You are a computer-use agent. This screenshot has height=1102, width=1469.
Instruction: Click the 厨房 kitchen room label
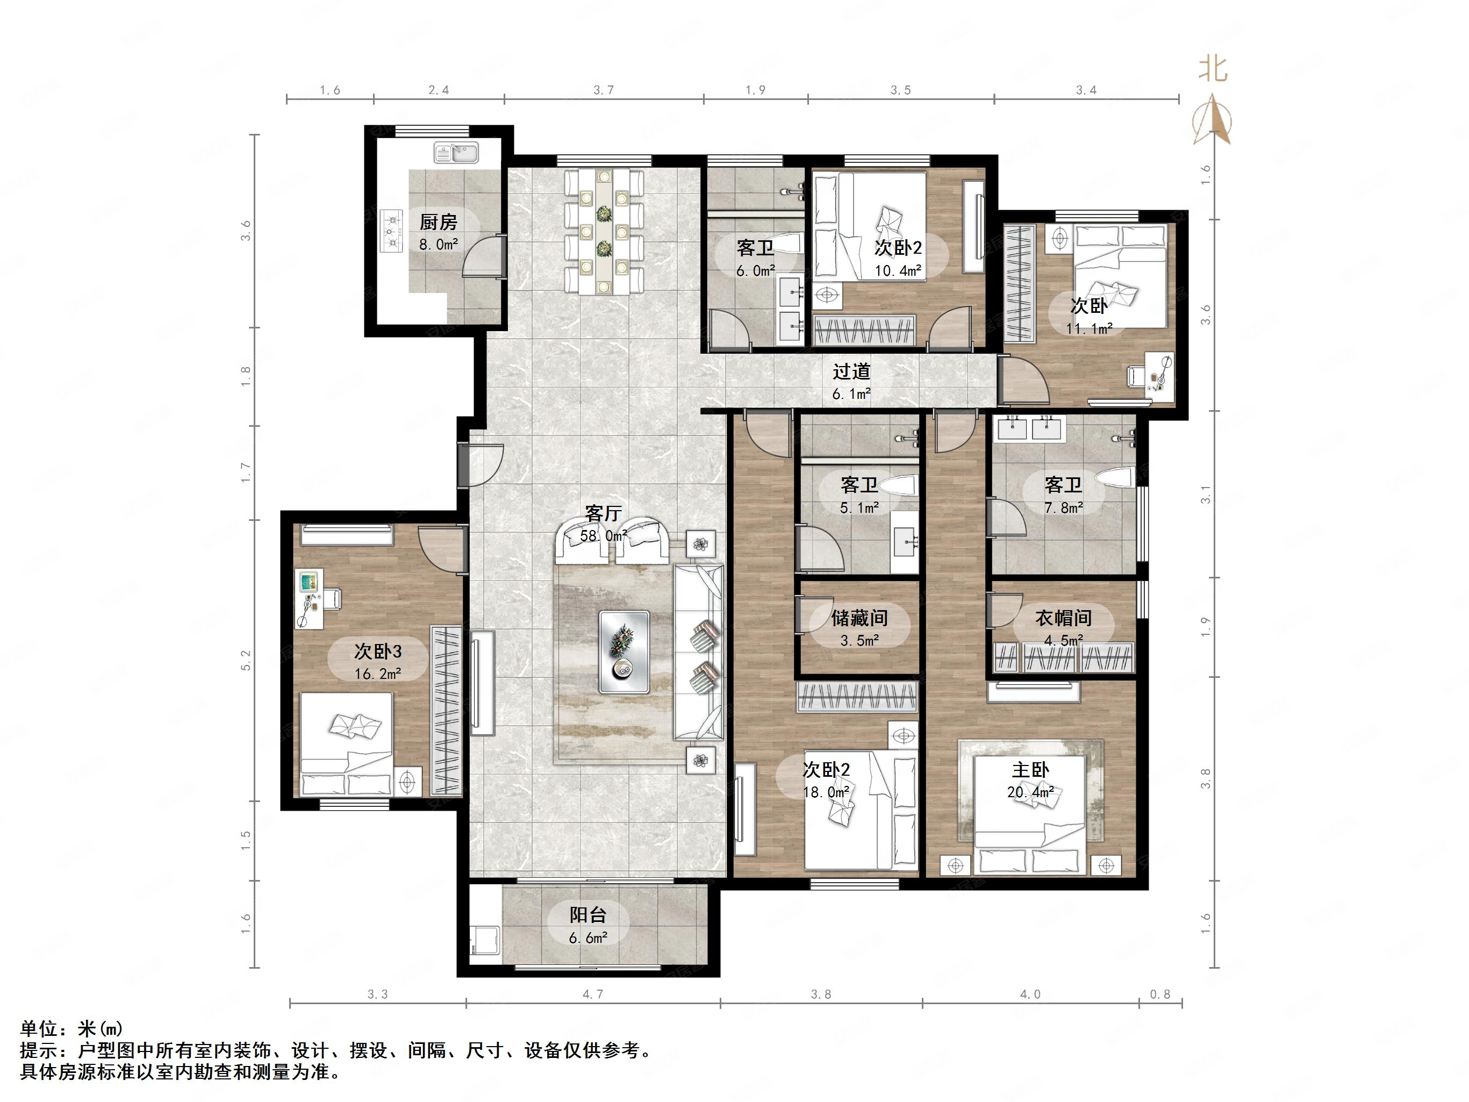pyautogui.click(x=438, y=222)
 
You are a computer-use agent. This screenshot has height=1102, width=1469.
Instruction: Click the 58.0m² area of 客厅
pyautogui.click(x=603, y=535)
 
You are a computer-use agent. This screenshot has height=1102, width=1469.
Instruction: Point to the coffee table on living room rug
pyautogui.click(x=624, y=652)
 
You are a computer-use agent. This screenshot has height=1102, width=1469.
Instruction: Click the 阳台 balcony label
pyautogui.click(x=587, y=915)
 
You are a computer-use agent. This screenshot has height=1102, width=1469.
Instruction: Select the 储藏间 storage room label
pyautogui.click(x=859, y=618)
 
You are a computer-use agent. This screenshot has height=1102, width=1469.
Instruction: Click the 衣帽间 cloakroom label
pyautogui.click(x=1063, y=618)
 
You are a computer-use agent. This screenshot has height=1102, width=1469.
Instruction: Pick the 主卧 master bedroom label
pyautogui.click(x=1030, y=770)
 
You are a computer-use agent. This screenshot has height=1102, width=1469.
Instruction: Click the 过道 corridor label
pyautogui.click(x=851, y=371)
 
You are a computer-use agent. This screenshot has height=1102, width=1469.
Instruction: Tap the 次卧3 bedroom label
pyautogui.click(x=377, y=652)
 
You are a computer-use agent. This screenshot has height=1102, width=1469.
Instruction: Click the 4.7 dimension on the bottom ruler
pyautogui.click(x=593, y=994)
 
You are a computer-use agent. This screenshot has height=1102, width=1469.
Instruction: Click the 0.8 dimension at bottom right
pyautogui.click(x=1160, y=994)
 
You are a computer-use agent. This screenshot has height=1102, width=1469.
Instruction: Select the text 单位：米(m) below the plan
pyautogui.click(x=71, y=1029)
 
